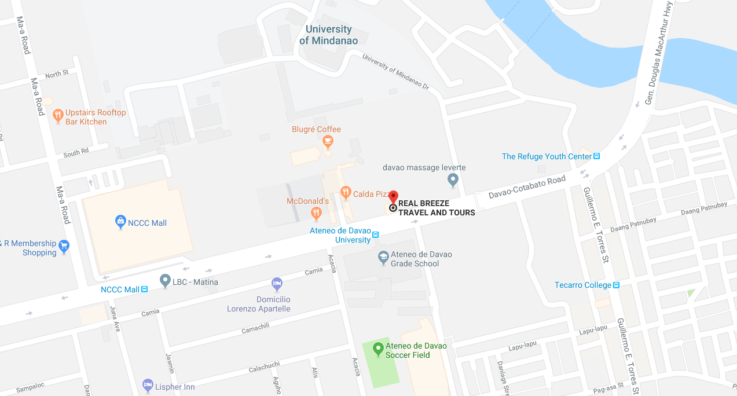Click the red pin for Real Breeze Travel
click(x=393, y=197)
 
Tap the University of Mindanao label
click(x=328, y=35)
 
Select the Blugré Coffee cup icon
click(x=328, y=141)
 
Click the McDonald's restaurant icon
click(x=316, y=213)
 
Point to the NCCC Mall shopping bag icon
click(x=120, y=221)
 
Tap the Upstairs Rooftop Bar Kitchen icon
click(x=57, y=115)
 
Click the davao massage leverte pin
click(x=453, y=180)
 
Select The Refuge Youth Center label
click(x=547, y=156)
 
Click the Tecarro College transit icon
click(x=617, y=285)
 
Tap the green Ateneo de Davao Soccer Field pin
click(x=378, y=348)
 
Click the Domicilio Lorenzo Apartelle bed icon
click(x=277, y=284)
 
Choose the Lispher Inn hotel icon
click(x=148, y=385)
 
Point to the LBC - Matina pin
click(x=166, y=281)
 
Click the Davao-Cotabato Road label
click(x=527, y=188)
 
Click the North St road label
click(x=57, y=74)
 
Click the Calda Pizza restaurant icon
click(x=346, y=192)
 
